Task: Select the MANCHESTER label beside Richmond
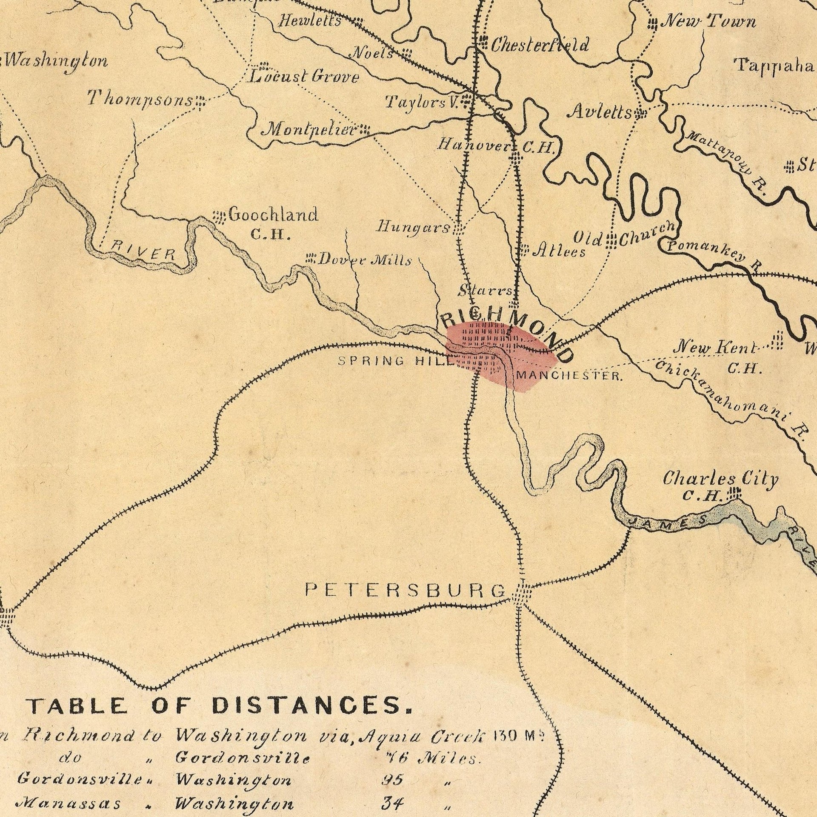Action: coord(570,376)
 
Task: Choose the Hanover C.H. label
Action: coord(496,146)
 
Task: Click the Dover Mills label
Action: coord(365,260)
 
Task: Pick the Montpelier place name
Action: coord(310,129)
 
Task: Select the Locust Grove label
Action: coord(304,77)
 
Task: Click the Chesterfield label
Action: coord(540,45)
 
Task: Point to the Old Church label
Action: coord(624,237)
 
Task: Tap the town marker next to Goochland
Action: coord(219,217)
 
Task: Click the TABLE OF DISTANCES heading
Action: coord(219,705)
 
